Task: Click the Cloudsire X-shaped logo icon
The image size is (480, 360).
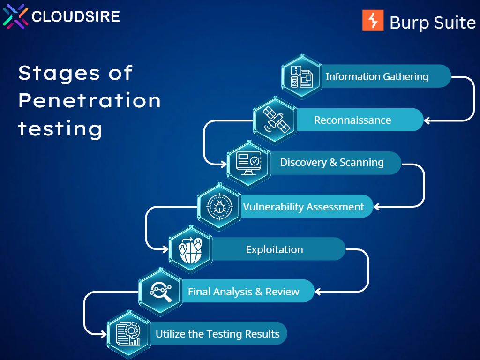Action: [15, 16]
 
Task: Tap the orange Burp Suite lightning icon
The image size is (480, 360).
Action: [373, 21]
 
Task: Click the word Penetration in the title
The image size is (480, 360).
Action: [90, 100]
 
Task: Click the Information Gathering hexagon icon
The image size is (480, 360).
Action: [301, 76]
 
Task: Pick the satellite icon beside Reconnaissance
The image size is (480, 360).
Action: [275, 120]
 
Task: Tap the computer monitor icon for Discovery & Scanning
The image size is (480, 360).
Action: [248, 163]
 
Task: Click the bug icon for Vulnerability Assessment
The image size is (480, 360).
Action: [219, 206]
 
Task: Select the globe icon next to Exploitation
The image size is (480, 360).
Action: [190, 249]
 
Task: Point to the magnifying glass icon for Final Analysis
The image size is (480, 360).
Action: [160, 292]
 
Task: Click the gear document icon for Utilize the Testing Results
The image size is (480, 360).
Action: [128, 334]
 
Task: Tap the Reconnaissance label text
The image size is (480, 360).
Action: [352, 120]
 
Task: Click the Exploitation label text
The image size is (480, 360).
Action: [274, 249]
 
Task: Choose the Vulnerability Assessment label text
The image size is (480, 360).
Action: [303, 207]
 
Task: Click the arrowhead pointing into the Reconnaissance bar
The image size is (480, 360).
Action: [427, 120]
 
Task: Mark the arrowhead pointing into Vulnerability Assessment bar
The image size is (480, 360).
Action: [377, 207]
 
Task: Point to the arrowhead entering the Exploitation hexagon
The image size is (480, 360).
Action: [165, 249]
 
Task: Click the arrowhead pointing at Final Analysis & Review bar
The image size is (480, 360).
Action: [318, 292]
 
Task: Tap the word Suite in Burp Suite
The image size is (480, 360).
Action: [455, 22]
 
